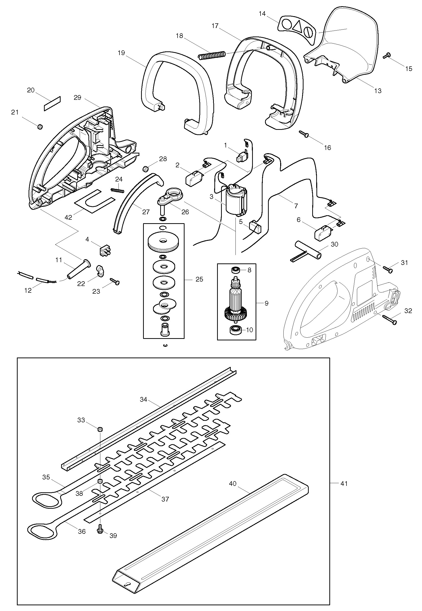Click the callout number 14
[262, 14]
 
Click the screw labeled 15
[387, 56]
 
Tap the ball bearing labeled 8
[235, 270]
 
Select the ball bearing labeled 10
[235, 330]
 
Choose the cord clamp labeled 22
[100, 272]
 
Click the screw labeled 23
[115, 281]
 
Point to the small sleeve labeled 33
[100, 429]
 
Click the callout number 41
[344, 483]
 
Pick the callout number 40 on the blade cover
[233, 484]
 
